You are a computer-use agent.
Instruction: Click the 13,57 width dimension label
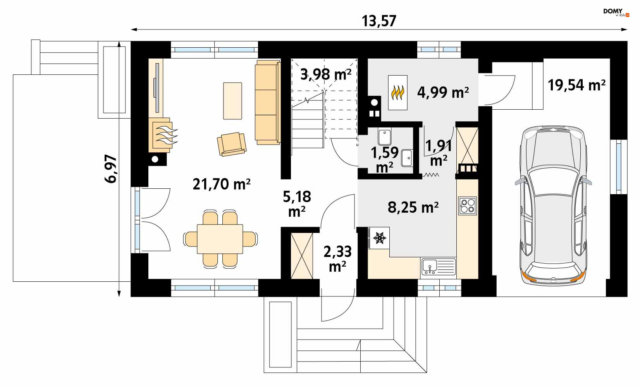point(379,21)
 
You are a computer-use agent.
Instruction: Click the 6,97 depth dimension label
point(111,169)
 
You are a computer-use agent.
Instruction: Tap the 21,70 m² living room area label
point(222,184)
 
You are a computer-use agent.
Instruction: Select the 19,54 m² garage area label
point(577,85)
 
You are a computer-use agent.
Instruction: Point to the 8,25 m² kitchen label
point(413,207)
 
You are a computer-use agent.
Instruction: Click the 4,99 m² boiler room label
point(443,92)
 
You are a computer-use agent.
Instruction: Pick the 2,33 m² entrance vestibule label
point(337,259)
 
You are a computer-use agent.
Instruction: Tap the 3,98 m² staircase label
point(326,74)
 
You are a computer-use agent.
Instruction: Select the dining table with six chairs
point(220,239)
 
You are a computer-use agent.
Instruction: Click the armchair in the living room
point(231,144)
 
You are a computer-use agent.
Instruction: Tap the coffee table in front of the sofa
point(232,101)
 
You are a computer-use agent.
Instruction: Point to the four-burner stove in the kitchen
point(468,206)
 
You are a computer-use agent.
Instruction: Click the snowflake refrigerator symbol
point(379,238)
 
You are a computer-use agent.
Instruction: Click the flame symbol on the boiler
point(398,93)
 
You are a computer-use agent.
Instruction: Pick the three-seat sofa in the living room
point(267,102)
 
